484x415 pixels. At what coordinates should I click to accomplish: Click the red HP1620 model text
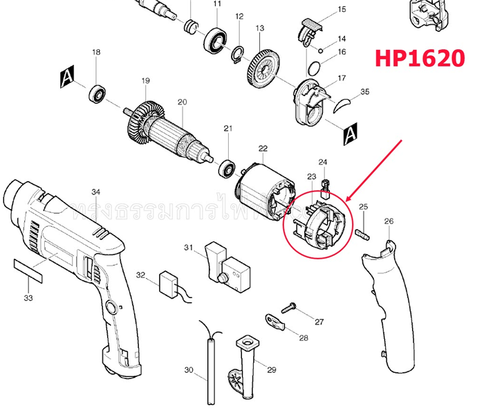point(420,57)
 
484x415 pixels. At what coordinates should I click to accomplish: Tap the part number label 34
point(96,192)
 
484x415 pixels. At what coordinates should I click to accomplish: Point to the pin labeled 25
point(364,232)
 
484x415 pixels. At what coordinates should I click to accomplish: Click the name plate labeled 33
point(28,268)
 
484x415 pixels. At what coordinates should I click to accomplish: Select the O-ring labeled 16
point(315,68)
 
